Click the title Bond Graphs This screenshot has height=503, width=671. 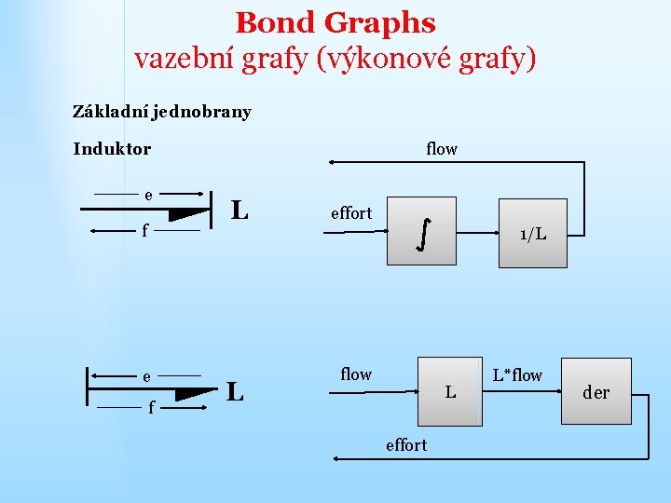click(x=335, y=22)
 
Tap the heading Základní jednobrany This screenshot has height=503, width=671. click(x=162, y=112)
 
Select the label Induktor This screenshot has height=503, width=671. click(x=112, y=149)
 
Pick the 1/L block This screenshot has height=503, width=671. click(x=533, y=234)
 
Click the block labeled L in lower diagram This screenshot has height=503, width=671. click(x=450, y=392)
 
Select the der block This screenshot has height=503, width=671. click(x=596, y=392)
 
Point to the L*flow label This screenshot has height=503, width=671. click(x=517, y=375)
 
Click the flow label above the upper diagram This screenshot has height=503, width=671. click(x=442, y=149)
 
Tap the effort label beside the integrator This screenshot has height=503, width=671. click(x=351, y=213)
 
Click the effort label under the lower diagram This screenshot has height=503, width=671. click(x=406, y=445)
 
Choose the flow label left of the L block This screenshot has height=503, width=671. click(x=356, y=374)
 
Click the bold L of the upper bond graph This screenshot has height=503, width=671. click(x=240, y=210)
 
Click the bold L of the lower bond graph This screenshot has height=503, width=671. click(x=235, y=391)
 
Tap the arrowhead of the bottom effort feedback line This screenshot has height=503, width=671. click(x=332, y=458)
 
